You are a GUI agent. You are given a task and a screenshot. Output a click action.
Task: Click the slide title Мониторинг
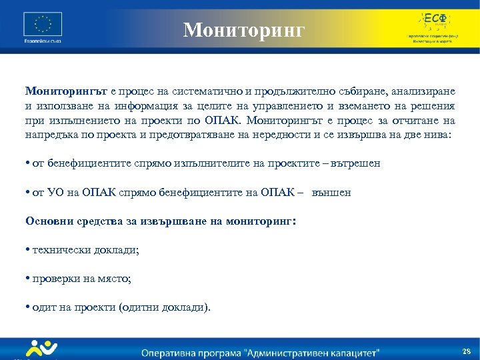244,29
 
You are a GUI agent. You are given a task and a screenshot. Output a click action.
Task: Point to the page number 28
466,351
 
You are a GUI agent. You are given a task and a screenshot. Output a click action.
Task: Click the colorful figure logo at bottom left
41,349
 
